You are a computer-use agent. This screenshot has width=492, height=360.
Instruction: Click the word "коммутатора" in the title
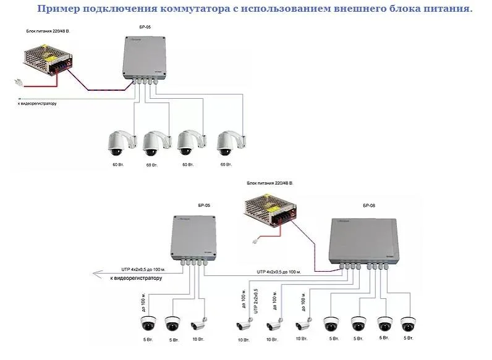(195, 9)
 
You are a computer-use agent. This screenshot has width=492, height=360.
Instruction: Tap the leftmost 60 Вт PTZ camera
(117, 144)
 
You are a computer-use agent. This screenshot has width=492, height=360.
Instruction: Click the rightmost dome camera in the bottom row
(406, 324)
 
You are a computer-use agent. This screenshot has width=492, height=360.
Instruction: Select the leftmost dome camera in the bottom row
(148, 323)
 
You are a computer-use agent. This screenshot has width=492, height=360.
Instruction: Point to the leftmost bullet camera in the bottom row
(197, 325)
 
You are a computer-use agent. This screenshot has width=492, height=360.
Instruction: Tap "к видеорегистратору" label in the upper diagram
(37, 104)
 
